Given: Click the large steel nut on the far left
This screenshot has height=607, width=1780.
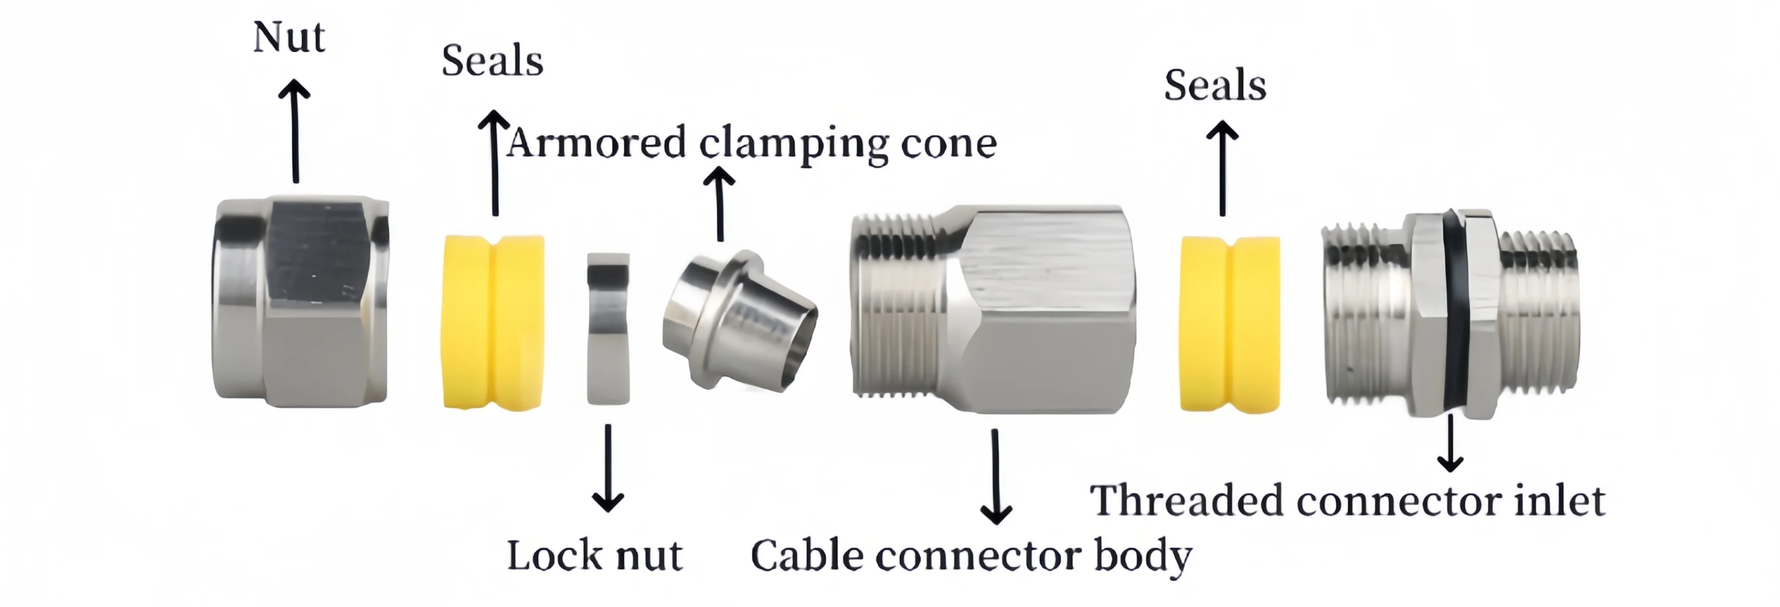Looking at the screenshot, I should (301, 302).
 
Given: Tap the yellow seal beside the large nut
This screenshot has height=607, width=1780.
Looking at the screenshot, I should (492, 322).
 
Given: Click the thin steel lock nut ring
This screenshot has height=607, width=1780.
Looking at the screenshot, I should (608, 329).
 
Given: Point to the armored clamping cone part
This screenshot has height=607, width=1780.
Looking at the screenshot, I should (739, 319).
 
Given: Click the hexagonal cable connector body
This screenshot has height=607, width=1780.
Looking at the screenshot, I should (993, 309).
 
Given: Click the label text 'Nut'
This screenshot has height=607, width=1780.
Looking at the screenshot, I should (289, 37).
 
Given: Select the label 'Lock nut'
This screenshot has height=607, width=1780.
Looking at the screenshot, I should (595, 556).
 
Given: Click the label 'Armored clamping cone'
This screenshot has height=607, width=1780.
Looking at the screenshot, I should (752, 143).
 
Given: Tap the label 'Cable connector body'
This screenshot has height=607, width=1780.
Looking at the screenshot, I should (971, 557).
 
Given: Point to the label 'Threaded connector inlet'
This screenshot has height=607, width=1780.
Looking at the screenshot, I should (1347, 501).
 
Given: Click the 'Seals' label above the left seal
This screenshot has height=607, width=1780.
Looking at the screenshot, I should (492, 61).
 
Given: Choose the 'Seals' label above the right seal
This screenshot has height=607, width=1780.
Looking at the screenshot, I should (1215, 85).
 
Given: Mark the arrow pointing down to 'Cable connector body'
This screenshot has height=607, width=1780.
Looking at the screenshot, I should (996, 477).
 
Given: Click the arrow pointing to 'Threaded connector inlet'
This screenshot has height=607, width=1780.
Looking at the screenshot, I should (1450, 442).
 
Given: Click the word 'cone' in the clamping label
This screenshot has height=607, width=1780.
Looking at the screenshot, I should (949, 143).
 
